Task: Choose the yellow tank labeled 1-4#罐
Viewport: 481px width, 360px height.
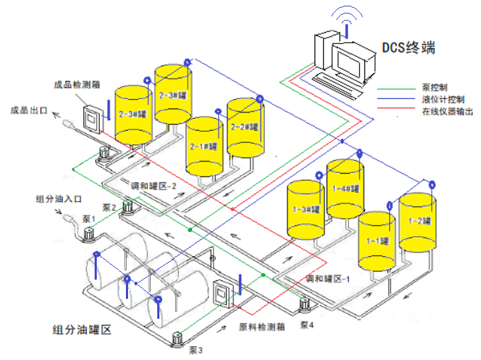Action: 345,189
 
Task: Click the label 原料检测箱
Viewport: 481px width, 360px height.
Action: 261,327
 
